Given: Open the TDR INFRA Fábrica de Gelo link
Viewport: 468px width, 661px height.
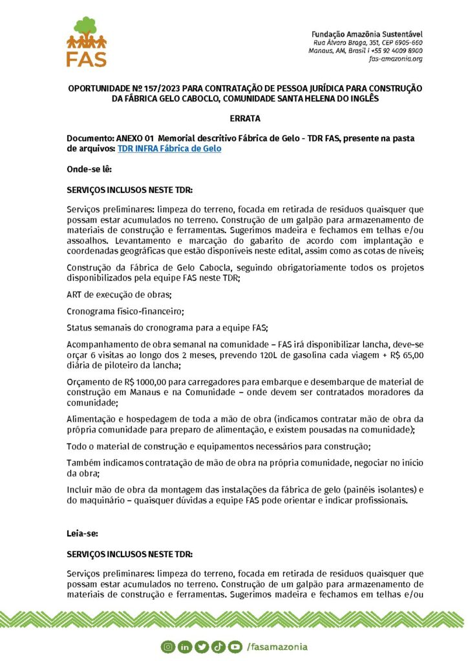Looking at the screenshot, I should coord(169,148).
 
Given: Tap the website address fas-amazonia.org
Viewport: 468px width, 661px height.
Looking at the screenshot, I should coord(396,59).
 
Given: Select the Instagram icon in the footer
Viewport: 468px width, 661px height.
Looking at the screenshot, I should coord(167,646).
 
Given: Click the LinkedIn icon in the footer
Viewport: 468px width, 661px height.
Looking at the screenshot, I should coord(185,646).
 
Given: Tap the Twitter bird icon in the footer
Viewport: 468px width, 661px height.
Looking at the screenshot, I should coord(201,646).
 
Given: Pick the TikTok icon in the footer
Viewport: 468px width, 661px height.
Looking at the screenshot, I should coord(217,646).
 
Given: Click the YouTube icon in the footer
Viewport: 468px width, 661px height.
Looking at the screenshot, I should coord(234,646).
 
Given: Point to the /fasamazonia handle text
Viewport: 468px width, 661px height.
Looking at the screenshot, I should coord(277,646).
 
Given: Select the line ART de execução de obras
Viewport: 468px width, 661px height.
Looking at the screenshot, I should coord(110,294).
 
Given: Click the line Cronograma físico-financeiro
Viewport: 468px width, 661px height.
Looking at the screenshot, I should coord(125,311).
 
